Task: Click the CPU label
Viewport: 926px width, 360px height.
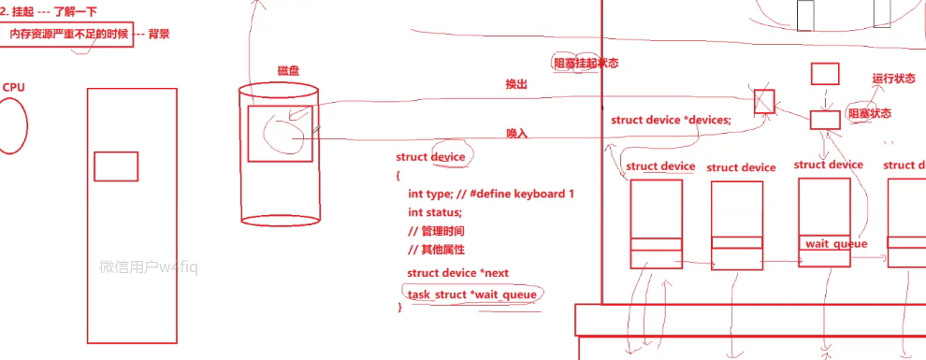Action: click(x=14, y=87)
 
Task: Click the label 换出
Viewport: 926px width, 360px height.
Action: click(x=516, y=84)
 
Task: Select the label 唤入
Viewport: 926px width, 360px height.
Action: click(x=517, y=134)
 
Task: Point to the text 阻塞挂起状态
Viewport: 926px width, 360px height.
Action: click(x=586, y=64)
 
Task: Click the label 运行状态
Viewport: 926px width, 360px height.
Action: click(x=893, y=79)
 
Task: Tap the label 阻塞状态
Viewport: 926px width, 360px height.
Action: click(x=869, y=113)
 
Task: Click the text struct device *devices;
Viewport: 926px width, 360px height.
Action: click(x=671, y=120)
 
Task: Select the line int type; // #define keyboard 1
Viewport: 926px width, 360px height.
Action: click(x=490, y=194)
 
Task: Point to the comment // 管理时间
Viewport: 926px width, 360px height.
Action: click(x=437, y=231)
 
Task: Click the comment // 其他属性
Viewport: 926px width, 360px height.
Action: click(x=437, y=250)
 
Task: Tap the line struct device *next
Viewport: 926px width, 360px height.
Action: click(x=457, y=273)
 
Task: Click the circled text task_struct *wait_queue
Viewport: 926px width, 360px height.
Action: click(x=471, y=295)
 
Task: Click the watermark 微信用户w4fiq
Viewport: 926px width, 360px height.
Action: click(x=149, y=266)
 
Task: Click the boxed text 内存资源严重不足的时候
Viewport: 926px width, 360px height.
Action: click(x=67, y=34)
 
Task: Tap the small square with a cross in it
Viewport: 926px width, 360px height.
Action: click(x=764, y=100)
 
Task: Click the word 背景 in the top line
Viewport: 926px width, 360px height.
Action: click(x=159, y=34)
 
